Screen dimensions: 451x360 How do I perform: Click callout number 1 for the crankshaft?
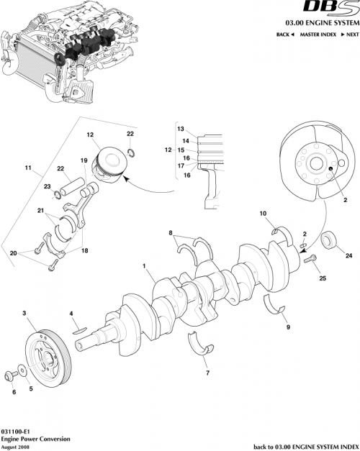(145, 265)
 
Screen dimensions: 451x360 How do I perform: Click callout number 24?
(348, 255)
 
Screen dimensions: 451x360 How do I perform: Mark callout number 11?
(28, 170)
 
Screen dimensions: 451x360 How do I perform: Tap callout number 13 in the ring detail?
(181, 128)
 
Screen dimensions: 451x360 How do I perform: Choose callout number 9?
(288, 327)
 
